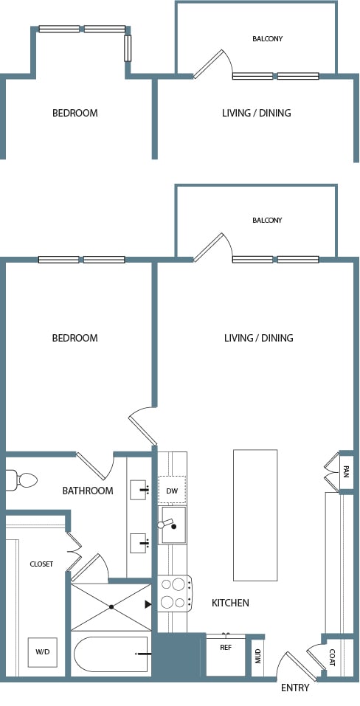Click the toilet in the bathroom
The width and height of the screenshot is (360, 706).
pyautogui.click(x=21, y=480)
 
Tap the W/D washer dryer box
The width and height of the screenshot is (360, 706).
pyautogui.click(x=42, y=652)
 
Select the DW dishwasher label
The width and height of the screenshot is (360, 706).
pyautogui.click(x=172, y=491)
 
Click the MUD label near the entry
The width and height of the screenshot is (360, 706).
pyautogui.click(x=258, y=657)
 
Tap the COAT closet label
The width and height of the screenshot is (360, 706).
pyautogui.click(x=332, y=657)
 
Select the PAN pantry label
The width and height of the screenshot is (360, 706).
pyautogui.click(x=345, y=472)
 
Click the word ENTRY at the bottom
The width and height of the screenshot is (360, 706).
pyautogui.click(x=295, y=688)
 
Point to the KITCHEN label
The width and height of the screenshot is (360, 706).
pyautogui.click(x=230, y=603)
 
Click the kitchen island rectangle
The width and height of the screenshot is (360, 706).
pyautogui.click(x=255, y=515)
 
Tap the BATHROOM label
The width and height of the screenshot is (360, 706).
pyautogui.click(x=88, y=491)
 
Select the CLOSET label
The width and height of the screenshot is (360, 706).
pyautogui.click(x=41, y=564)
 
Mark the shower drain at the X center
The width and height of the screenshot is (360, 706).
pyautogui.click(x=111, y=607)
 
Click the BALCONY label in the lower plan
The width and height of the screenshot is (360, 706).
pyautogui.click(x=267, y=220)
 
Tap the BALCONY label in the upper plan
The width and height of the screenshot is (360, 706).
pyautogui.click(x=267, y=38)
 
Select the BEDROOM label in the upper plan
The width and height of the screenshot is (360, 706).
pyautogui.click(x=75, y=113)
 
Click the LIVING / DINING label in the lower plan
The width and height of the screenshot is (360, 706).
pyautogui.click(x=259, y=338)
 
